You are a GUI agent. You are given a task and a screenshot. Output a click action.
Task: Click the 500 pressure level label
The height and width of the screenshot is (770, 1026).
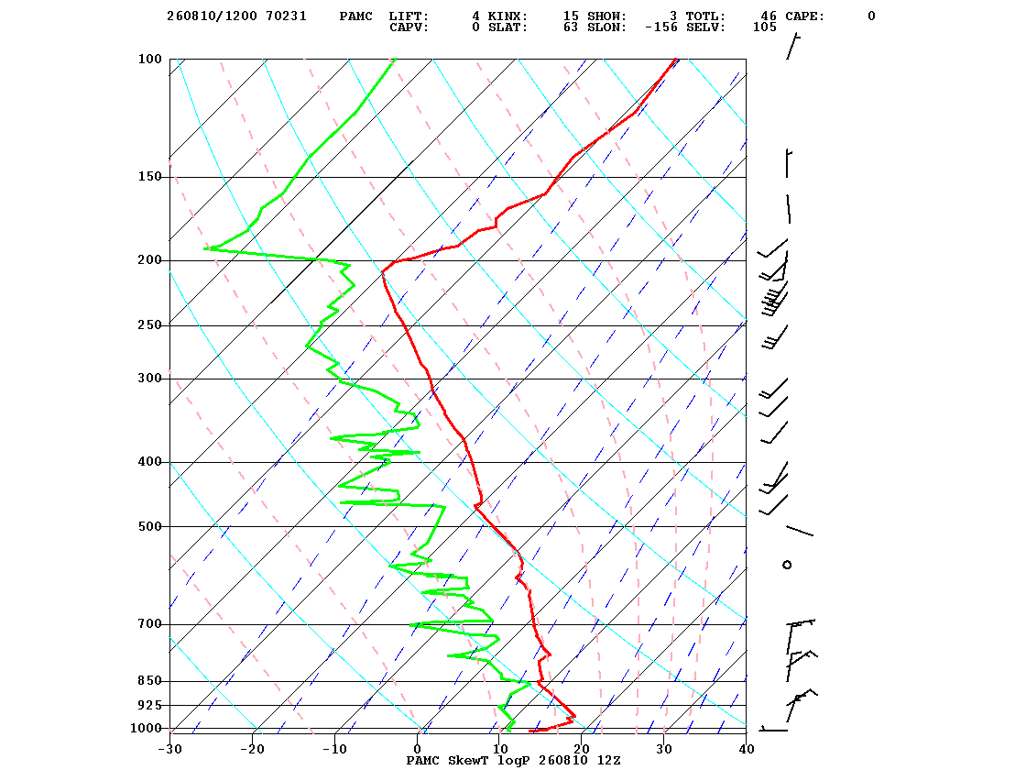149,526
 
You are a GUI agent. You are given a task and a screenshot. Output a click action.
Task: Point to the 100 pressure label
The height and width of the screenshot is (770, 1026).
149,59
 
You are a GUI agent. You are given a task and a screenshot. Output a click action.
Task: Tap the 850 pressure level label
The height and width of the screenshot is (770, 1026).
149,681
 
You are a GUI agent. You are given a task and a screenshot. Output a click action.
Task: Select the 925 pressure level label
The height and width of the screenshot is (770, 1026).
149,705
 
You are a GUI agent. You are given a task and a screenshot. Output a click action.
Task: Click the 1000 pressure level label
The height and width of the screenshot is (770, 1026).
146,728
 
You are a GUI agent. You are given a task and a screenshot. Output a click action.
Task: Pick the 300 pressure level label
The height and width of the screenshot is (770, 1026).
149,379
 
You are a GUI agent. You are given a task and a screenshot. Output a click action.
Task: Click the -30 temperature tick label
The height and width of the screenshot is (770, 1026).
170,749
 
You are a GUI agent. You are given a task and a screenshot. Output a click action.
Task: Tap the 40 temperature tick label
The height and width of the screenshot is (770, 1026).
747,749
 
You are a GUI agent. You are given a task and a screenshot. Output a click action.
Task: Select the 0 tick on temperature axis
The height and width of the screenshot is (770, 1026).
418,749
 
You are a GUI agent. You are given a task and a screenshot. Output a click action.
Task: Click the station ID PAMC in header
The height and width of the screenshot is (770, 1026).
356,16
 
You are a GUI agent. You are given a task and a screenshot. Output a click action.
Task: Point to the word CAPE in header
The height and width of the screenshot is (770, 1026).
805,16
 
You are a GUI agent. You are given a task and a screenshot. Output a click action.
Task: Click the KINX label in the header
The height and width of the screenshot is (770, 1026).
508,16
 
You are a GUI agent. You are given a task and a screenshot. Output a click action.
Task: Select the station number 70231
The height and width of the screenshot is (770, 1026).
286,16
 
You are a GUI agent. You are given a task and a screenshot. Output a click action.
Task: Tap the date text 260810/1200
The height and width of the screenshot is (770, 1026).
212,16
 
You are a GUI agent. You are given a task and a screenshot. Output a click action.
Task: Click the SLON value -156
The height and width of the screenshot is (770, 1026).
660,27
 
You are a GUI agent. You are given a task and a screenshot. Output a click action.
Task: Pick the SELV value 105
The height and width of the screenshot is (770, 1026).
764,27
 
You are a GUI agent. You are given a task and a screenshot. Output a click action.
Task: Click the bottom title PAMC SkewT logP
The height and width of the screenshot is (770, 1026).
469,760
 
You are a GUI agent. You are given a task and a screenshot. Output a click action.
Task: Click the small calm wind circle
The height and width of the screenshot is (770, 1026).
787,565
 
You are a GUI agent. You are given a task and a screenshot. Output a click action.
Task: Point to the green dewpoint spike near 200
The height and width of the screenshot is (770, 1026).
262,254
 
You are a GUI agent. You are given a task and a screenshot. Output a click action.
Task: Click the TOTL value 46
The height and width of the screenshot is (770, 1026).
769,16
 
